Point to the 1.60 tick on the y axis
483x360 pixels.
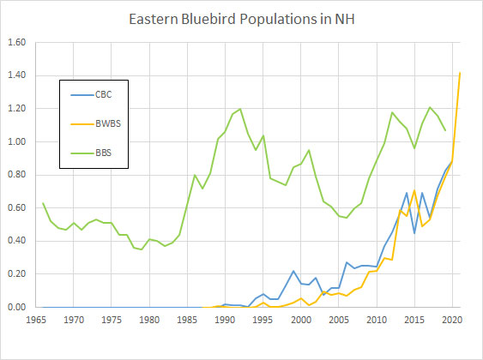click(17, 43)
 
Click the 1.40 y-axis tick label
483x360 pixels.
click(17, 76)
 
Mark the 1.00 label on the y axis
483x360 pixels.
click(17, 142)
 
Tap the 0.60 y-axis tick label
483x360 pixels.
click(17, 208)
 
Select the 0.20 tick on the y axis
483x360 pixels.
click(17, 274)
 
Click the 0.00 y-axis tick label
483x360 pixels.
click(17, 307)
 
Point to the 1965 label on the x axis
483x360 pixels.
click(36, 320)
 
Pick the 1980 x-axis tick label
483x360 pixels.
click(149, 320)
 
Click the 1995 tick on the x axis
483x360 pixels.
click(263, 320)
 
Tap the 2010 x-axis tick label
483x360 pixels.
click(376, 320)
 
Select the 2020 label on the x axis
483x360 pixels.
click(451, 320)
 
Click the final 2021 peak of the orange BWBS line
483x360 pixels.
click(460, 73)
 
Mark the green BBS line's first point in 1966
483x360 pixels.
click(44, 203)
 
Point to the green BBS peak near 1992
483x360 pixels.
click(240, 109)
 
